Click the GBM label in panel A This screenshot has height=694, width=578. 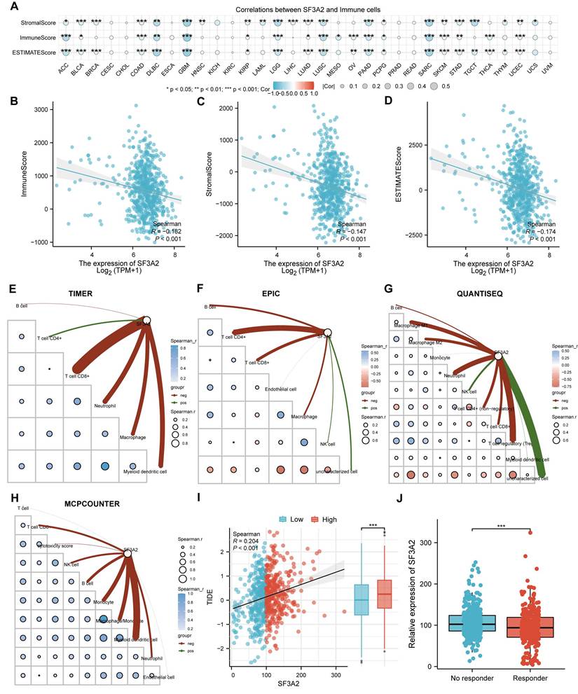click(186, 71)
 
